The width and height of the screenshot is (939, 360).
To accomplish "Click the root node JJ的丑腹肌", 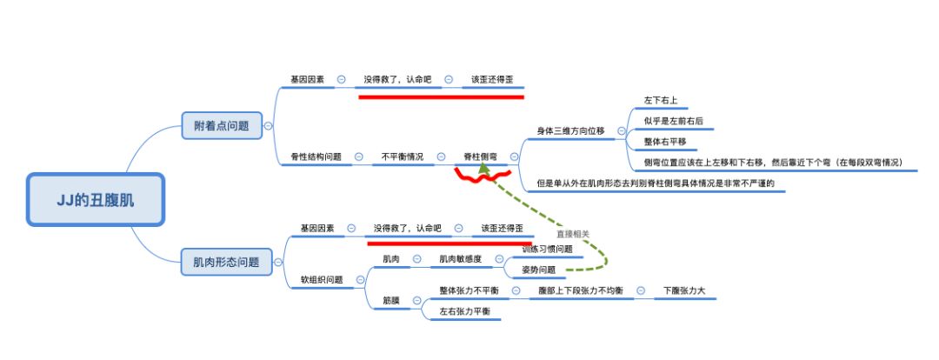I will pyautogui.click(x=96, y=199).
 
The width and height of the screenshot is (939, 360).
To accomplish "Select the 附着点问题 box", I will pyautogui.click(x=221, y=126).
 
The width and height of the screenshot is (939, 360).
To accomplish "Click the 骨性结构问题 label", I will pyautogui.click(x=316, y=157).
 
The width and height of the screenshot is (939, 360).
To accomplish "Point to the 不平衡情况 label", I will pyautogui.click(x=403, y=157).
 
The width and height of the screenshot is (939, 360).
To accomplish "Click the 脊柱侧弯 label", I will pyautogui.click(x=480, y=157).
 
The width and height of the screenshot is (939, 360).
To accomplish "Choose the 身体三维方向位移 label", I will pyautogui.click(x=569, y=130).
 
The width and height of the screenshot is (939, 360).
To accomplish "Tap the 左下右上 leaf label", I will pyautogui.click(x=660, y=100).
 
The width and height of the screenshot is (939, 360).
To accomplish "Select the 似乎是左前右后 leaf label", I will pyautogui.click(x=674, y=121).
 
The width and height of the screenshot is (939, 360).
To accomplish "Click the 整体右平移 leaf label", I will pyautogui.click(x=665, y=141).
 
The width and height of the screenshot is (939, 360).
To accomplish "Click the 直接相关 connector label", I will pyautogui.click(x=572, y=233).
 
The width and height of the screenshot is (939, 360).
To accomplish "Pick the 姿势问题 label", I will pyautogui.click(x=538, y=270).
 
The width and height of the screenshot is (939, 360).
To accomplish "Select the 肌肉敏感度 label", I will pyautogui.click(x=460, y=259).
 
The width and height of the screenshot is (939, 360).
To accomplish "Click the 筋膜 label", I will pyautogui.click(x=390, y=300).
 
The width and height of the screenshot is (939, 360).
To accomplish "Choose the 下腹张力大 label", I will pyautogui.click(x=684, y=290).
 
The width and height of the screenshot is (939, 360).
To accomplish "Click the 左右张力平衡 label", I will pyautogui.click(x=464, y=310).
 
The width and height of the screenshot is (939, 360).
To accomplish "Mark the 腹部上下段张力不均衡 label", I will pyautogui.click(x=580, y=290).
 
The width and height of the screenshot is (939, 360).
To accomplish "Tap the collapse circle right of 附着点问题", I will pyautogui.click(x=267, y=126).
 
